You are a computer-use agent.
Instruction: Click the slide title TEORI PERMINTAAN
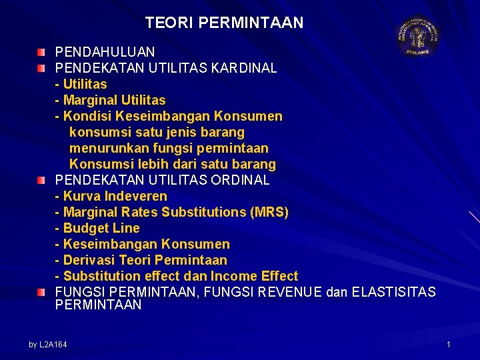pyautogui.click(x=224, y=23)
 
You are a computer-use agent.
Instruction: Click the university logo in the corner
pyautogui.click(x=418, y=35)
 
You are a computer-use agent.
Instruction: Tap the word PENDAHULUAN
pyautogui.click(x=105, y=52)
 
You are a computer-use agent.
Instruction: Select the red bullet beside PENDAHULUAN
pyautogui.click(x=42, y=52)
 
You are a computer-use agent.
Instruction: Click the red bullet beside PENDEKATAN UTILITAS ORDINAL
pyautogui.click(x=42, y=180)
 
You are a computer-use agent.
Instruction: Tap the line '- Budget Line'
pyautogui.click(x=97, y=228)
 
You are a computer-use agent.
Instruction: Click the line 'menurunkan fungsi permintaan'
pyautogui.click(x=169, y=148)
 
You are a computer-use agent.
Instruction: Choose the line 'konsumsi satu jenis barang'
pyautogui.click(x=157, y=132)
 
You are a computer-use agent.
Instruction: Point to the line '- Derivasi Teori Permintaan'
pyautogui.click(x=141, y=260)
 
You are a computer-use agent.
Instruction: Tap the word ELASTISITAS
pyautogui.click(x=393, y=292)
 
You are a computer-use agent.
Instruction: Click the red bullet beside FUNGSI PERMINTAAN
pyautogui.click(x=42, y=292)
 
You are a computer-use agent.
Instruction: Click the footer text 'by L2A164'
pyautogui.click(x=48, y=344)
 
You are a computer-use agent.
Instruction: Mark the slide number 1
pyautogui.click(x=449, y=344)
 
